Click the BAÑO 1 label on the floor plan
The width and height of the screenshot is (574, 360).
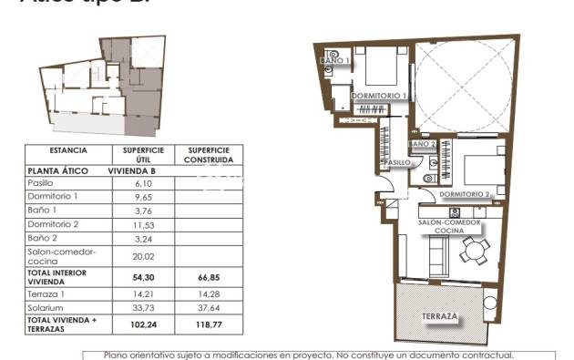[337, 61]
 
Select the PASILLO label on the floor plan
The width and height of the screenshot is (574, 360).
[395, 162]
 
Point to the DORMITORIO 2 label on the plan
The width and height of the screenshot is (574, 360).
[465, 194]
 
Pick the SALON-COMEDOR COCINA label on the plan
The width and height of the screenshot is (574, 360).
[450, 226]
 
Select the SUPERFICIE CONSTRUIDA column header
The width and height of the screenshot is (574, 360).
[209, 154]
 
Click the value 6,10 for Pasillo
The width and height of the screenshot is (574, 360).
[143, 182]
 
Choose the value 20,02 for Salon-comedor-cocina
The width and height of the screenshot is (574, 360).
[143, 256]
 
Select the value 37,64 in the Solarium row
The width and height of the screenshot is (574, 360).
[209, 307]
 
